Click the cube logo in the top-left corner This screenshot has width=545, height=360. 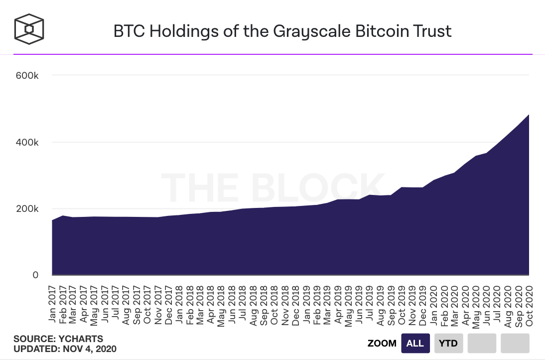pos(29,29)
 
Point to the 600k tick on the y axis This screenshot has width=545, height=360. pos(27,75)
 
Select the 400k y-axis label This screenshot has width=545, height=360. pos(27,142)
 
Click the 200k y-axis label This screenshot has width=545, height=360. pos(27,209)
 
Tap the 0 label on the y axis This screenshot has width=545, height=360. pos(35,275)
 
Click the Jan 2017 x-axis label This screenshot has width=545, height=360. pos(52,304)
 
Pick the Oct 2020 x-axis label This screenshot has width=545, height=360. pos(529,306)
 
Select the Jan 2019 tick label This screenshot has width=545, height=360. pos(306,304)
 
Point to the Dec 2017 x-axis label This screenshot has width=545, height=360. pos(168,305)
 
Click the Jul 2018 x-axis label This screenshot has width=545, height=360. pos(243,303)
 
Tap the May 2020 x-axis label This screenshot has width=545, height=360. pos(475,307)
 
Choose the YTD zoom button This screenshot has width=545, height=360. pos(448,344)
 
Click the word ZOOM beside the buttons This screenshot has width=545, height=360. pos(382,344)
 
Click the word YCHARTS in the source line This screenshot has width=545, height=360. pos(81,339)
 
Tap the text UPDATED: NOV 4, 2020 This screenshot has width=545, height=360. pos(65,349)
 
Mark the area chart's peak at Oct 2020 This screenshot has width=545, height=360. pos(529,115)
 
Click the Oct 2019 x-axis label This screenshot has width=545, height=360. pos(402,305)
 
